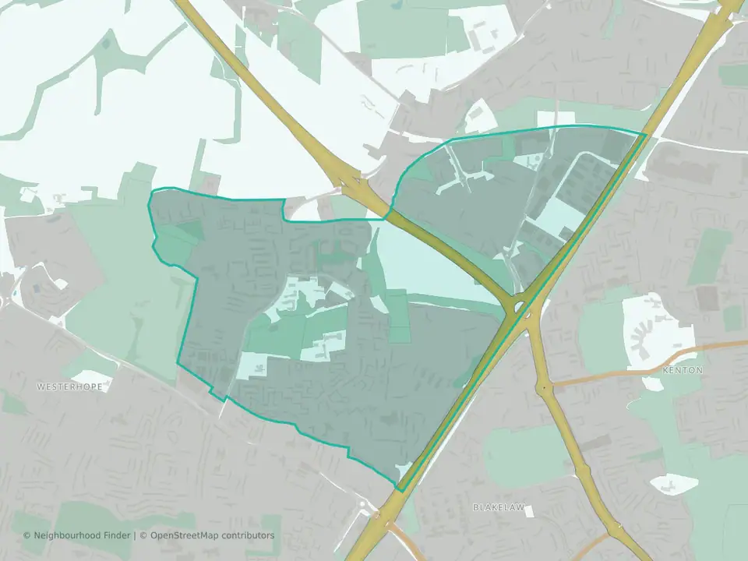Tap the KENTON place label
tap(683, 369)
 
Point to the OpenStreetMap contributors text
tap(211, 535)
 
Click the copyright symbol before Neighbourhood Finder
tap(27, 535)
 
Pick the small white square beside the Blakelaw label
tap(530, 510)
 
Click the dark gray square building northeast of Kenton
tap(707, 297)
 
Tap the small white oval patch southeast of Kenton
tap(673, 483)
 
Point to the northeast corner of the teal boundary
tap(646, 134)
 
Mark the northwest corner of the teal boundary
tap(150, 191)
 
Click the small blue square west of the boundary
tap(37, 288)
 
